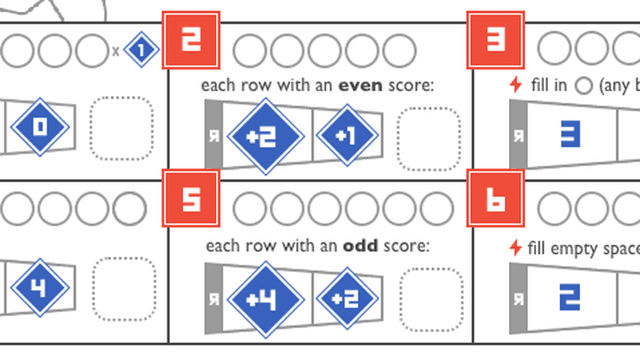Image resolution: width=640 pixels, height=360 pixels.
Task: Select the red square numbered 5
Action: [x=190, y=199]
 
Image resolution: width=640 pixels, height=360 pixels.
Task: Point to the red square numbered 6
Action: [x=495, y=199]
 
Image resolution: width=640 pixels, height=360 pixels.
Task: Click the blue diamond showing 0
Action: [x=38, y=128]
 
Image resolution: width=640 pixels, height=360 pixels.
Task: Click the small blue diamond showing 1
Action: [x=142, y=50]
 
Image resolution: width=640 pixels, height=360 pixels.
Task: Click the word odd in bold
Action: [x=359, y=246]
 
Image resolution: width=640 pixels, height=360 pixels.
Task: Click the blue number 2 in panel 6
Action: [x=569, y=296]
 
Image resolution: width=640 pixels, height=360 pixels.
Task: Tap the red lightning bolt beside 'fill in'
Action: [x=516, y=85]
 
